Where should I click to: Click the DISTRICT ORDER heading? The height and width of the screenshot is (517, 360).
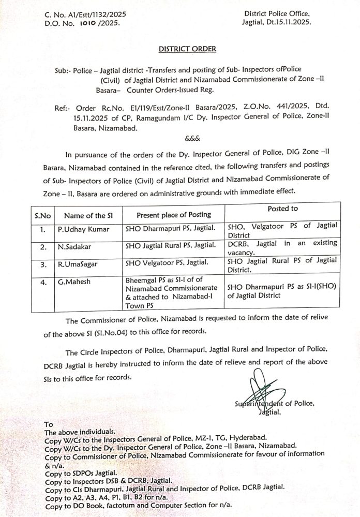tap(187, 50)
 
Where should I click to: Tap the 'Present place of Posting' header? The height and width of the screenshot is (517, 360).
tap(174, 214)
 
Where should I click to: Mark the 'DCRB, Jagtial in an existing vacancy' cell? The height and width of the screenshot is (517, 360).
tap(282, 247)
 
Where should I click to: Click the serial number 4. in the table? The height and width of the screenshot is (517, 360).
tap(31, 283)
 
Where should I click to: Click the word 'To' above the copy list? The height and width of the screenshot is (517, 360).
tap(49, 424)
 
